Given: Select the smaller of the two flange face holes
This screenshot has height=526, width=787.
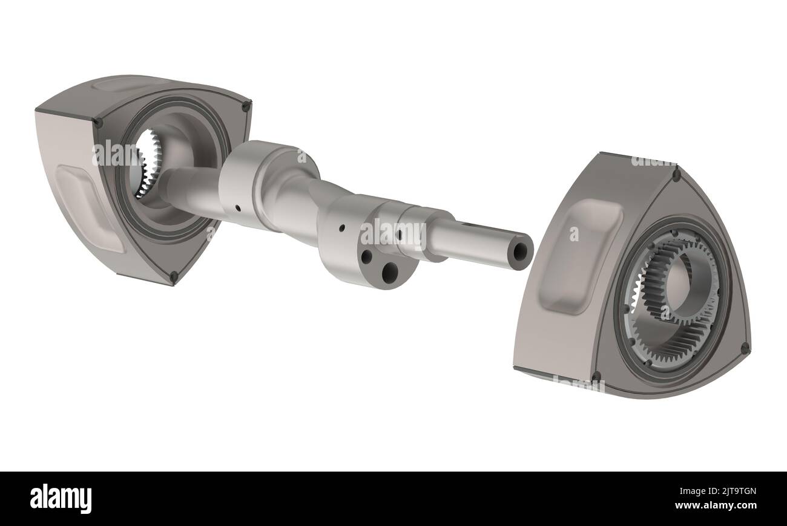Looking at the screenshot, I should (366, 256).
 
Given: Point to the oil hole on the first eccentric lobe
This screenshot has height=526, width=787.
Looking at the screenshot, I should (237, 208).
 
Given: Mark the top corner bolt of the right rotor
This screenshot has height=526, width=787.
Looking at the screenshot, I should (676, 175).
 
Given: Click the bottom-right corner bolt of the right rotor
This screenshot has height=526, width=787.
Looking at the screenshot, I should (744, 348).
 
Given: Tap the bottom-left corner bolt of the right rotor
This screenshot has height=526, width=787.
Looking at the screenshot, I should (596, 377).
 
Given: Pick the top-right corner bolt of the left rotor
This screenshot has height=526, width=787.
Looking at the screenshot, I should (246, 107).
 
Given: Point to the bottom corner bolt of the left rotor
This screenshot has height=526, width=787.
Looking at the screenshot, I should (173, 276).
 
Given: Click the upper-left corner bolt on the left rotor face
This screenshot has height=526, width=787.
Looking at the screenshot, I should (97, 123).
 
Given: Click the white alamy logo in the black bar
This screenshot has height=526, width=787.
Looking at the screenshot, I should (61, 499).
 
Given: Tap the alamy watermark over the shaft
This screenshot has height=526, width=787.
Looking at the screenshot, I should (393, 232).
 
